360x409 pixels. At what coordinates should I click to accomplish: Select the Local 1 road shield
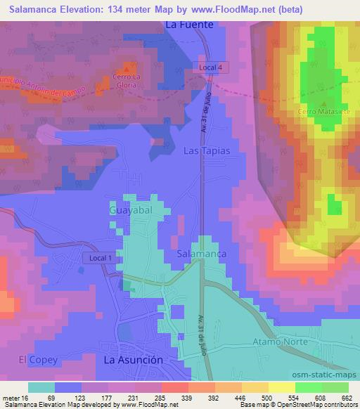click(x=101, y=258)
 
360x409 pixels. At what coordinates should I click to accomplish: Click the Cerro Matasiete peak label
click(x=319, y=112)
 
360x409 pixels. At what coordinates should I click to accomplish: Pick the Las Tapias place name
click(x=207, y=151)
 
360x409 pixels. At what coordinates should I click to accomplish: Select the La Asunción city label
click(x=134, y=359)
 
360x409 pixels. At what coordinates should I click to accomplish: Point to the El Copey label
click(x=34, y=359)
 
